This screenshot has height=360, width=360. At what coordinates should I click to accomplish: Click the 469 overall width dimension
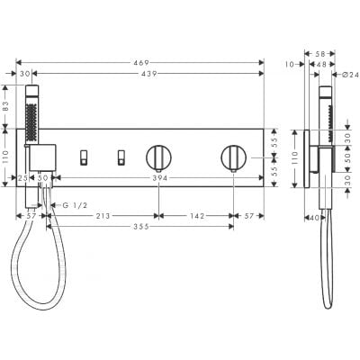140,63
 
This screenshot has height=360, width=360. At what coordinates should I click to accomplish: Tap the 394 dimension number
159,179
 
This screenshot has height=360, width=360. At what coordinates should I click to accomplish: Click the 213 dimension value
104,216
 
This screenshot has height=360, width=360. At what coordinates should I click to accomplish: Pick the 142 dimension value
194,216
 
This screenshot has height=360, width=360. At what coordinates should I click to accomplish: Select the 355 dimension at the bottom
138,227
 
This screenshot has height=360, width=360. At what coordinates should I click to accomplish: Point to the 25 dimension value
22,179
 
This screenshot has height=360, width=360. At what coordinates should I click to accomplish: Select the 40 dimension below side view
310,217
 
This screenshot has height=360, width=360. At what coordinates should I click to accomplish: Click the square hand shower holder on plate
41,157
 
